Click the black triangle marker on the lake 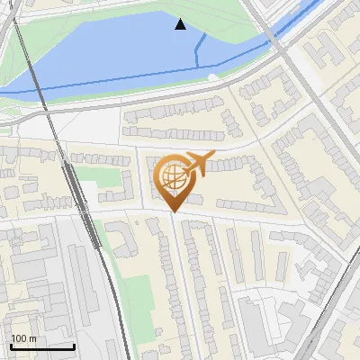click(x=180, y=24)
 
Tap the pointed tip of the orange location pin click(x=172, y=211)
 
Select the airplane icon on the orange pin click(x=198, y=164)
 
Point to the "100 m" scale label click(x=23, y=338)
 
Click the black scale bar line click(x=41, y=346)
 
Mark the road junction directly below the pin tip click(x=172, y=217)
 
